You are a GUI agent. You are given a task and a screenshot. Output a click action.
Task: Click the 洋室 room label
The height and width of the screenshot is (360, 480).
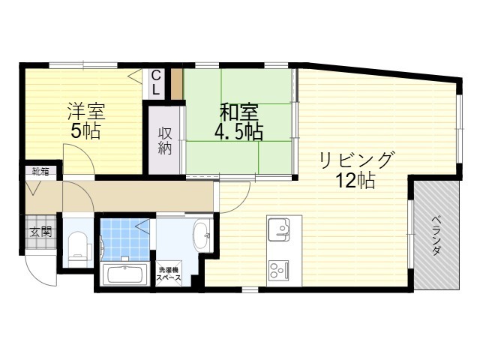click(x=87, y=111)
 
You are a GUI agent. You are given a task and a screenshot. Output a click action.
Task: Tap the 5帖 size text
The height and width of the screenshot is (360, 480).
click(x=85, y=131)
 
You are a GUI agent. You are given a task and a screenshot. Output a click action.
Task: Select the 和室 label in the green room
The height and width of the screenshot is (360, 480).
click(x=239, y=112)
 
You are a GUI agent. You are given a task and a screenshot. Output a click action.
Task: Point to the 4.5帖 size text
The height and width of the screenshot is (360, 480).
click(x=238, y=132)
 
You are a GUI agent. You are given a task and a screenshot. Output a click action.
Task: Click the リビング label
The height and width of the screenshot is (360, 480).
click(x=356, y=160)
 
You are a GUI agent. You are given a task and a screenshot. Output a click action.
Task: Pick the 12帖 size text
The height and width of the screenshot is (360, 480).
click(x=355, y=180)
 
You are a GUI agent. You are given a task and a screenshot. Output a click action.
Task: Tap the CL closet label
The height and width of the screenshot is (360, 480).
click(x=156, y=82)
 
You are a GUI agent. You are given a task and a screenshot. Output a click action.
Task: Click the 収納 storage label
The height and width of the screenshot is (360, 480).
click(x=165, y=141)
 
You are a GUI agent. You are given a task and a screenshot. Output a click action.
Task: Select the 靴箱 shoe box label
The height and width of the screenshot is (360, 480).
click(x=41, y=171)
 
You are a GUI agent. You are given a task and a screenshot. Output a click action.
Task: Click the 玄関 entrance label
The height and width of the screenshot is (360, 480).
click(x=40, y=232)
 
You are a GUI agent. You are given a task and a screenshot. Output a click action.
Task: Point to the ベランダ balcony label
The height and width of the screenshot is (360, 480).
click(x=436, y=235)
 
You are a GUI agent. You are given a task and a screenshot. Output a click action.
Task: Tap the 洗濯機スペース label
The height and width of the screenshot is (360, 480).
click(x=169, y=274)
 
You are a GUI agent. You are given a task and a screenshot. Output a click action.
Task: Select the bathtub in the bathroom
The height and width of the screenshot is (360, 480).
click(x=125, y=274)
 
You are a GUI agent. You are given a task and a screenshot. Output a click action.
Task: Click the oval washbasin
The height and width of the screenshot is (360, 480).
click(x=202, y=235)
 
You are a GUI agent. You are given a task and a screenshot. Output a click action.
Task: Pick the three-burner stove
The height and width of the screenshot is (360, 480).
click(x=278, y=270)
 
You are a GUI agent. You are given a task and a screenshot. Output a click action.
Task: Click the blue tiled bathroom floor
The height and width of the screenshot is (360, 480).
click(x=125, y=238)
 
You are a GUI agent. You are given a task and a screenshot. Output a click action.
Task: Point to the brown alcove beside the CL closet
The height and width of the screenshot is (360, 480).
click(x=177, y=83)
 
